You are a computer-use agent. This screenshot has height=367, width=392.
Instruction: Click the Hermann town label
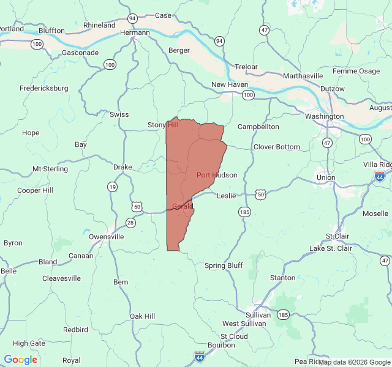tap(135, 32)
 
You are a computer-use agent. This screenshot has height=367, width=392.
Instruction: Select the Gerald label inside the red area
tap(183, 207)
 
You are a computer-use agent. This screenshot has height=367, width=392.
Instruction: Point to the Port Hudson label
tap(217, 175)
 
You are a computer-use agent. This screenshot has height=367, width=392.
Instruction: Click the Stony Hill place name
tap(163, 125)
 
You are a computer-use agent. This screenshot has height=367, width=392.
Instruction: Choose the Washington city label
tap(324, 116)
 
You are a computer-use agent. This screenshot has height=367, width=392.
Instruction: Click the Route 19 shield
tap(112, 187)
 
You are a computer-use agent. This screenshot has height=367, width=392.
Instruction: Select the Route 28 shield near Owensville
tap(130, 223)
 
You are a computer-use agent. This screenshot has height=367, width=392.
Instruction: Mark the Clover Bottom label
tap(277, 147)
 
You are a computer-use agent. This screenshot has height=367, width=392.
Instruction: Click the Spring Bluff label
tap(224, 265)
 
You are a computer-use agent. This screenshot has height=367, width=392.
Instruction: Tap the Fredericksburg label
tap(44, 88)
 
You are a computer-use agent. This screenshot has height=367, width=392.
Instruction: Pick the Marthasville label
tap(303, 76)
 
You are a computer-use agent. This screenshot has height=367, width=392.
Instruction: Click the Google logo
tap(21, 360)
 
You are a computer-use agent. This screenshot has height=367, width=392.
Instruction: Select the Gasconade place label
tap(80, 53)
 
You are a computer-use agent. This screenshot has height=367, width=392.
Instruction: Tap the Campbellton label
tap(258, 127)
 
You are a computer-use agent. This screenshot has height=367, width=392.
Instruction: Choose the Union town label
tap(326, 177)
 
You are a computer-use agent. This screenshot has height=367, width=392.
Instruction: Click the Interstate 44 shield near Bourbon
tap(199, 355)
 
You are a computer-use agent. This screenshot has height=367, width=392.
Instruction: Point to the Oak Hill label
tap(142, 316)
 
